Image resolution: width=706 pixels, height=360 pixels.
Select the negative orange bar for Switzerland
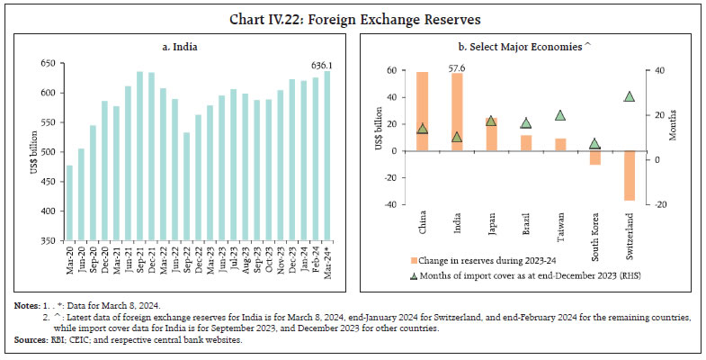630,175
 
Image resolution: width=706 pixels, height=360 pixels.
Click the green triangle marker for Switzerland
630,97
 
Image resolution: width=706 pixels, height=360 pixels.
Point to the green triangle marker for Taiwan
560,115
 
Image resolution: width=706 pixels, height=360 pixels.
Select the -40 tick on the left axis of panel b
391,205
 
